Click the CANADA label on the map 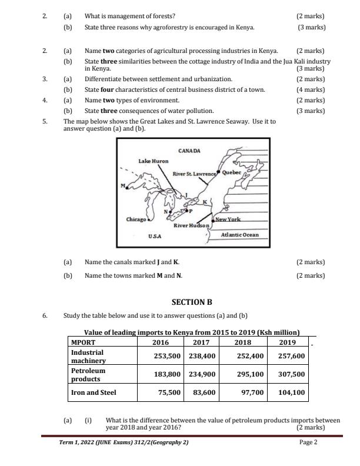point(189,151)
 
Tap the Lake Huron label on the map point(153,161)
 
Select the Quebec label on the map point(231,173)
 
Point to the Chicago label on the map point(136,219)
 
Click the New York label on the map point(228,219)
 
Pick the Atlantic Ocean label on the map point(239,235)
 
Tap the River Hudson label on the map point(191,226)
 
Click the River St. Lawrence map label point(195,174)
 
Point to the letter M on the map point(123,187)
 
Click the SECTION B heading point(192,302)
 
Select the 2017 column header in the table point(201,342)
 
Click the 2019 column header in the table point(287,342)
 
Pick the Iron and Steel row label point(94,392)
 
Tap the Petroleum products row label point(88,375)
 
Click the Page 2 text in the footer point(308,442)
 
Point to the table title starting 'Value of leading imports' point(192,332)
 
